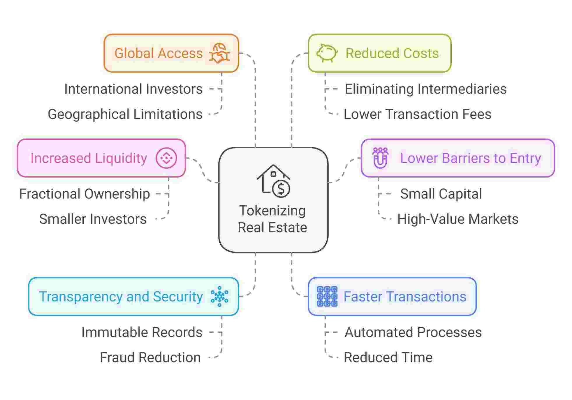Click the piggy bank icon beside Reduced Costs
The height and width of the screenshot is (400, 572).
327,53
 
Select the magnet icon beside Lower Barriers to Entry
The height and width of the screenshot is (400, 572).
380,158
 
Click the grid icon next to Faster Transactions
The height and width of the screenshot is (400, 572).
327,296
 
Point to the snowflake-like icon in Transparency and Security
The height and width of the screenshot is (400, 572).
219,296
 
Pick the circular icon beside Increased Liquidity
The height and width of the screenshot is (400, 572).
166,158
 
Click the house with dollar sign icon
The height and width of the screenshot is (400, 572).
274,181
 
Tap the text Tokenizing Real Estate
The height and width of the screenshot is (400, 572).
272,219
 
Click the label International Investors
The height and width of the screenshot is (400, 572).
133,89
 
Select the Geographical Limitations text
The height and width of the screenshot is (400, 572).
125,114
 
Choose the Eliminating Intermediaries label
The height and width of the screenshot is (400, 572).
425,89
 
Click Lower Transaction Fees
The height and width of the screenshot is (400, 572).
417,114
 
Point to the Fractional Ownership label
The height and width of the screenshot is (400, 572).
85,194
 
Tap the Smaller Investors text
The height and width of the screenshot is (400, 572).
93,219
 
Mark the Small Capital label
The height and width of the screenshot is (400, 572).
441,194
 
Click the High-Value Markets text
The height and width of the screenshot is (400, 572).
458,219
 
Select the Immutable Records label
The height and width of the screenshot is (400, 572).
142,332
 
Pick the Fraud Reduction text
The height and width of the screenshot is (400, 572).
150,357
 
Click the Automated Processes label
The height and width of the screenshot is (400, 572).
413,332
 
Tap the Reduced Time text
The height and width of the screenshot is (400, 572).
388,357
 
